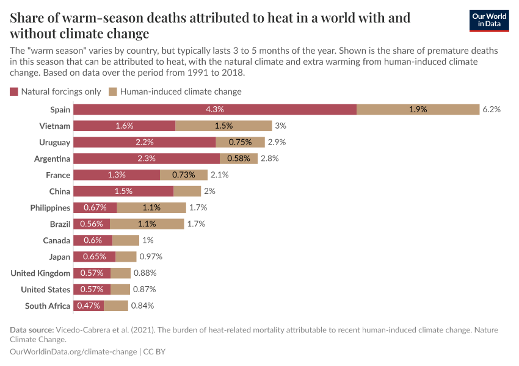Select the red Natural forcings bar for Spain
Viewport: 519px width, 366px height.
[x=215, y=109]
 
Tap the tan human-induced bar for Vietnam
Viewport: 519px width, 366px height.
[x=223, y=126]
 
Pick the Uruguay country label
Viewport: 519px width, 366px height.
[x=54, y=142]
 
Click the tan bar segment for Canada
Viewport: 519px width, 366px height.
[x=126, y=240]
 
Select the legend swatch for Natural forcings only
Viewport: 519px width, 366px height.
[x=14, y=91]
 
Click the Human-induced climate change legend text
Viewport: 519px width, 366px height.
[x=181, y=91]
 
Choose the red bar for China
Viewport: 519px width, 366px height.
[x=123, y=191]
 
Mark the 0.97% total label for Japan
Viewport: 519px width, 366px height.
[x=151, y=257]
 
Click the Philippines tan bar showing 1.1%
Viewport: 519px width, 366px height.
[x=150, y=207]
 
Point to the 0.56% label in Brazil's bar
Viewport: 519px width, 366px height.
[x=92, y=224]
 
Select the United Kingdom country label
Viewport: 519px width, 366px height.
[x=40, y=273]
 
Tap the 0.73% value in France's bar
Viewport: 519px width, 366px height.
[x=183, y=174]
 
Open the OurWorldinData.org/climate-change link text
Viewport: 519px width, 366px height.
[x=73, y=352]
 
